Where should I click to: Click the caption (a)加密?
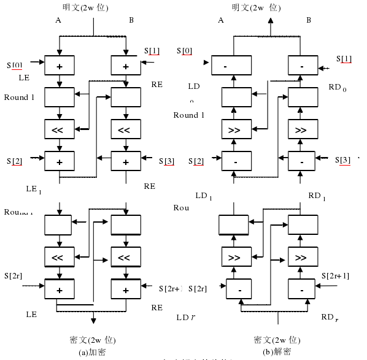tap(93, 352)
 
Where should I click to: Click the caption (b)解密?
tap(277, 352)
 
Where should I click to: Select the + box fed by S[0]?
tap(60, 64)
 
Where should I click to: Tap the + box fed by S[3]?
tap(126, 162)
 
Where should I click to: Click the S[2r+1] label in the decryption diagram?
tap(334, 275)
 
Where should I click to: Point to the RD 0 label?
tap(338, 88)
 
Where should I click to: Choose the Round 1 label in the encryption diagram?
tap(19, 98)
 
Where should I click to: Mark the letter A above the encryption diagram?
tap(58, 20)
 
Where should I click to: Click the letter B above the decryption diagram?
tap(309, 20)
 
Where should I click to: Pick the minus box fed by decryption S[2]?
tap(235, 162)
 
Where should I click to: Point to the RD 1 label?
tap(317, 196)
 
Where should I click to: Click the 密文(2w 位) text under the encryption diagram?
tap(93, 340)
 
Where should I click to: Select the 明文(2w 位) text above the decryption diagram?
tap(256, 7)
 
